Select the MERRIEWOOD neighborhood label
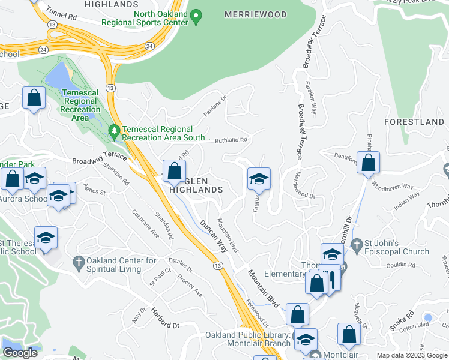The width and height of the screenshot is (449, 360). coord(252,13)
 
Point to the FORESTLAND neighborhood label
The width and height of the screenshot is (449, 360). coord(414,122)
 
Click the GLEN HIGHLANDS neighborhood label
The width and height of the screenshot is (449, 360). coord(196,185)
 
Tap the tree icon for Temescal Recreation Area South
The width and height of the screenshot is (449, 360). coord(114,130)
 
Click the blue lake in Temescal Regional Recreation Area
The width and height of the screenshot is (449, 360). coord(58,77)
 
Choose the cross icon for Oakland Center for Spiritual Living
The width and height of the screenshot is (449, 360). coord(77,262)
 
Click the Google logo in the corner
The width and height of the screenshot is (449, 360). coord(20,353)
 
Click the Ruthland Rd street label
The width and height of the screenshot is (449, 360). coord(231,140)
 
